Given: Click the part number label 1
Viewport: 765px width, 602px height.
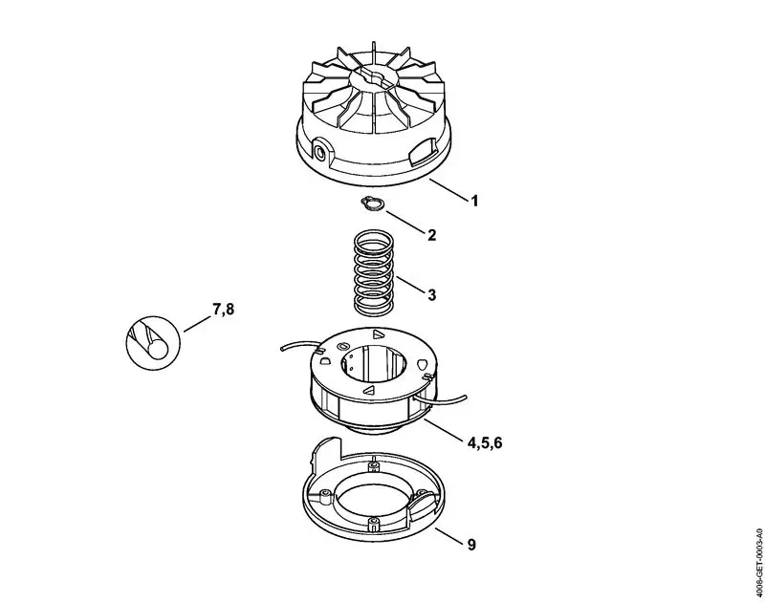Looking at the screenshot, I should point(473,202).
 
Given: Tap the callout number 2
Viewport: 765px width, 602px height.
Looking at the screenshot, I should point(431,234).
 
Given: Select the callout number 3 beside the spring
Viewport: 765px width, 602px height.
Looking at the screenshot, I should point(431,296).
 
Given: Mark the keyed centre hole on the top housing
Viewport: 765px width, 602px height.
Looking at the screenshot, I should point(377,74).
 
